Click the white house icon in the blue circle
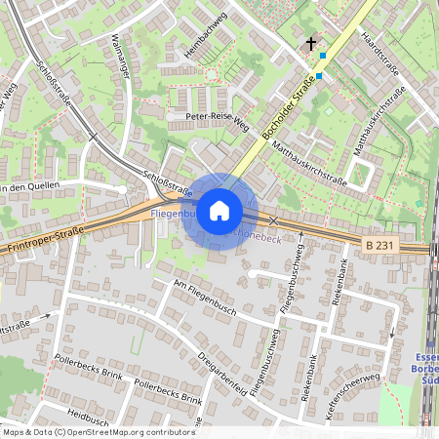[x=219, y=211]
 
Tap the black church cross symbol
[x=312, y=44]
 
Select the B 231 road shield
[x=381, y=242]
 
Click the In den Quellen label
[x=30, y=186]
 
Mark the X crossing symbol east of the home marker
[x=273, y=221]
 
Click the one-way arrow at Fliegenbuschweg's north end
[x=299, y=247]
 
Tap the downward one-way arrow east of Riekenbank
[x=392, y=333]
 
